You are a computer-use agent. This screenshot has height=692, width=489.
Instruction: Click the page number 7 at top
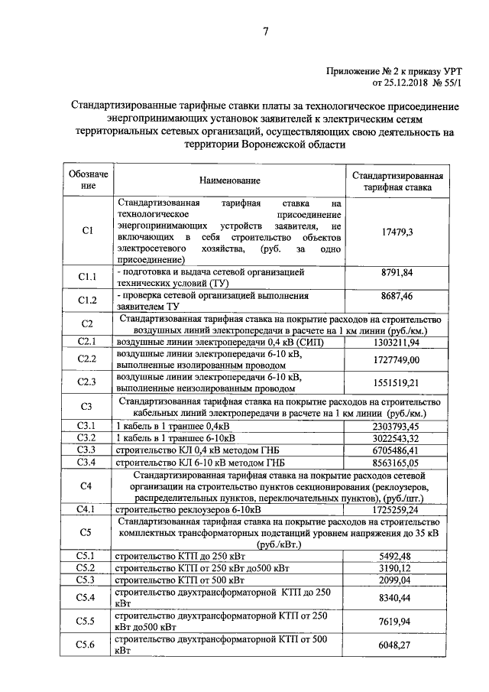(265, 32)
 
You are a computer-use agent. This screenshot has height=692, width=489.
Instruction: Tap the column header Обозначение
(88, 180)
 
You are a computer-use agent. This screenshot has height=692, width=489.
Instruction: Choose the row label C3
(88, 406)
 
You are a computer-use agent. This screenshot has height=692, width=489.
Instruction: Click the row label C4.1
(88, 508)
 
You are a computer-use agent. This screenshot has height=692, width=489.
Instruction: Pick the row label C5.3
(88, 580)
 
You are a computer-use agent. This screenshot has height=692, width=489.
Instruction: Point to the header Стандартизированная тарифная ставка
(400, 180)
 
